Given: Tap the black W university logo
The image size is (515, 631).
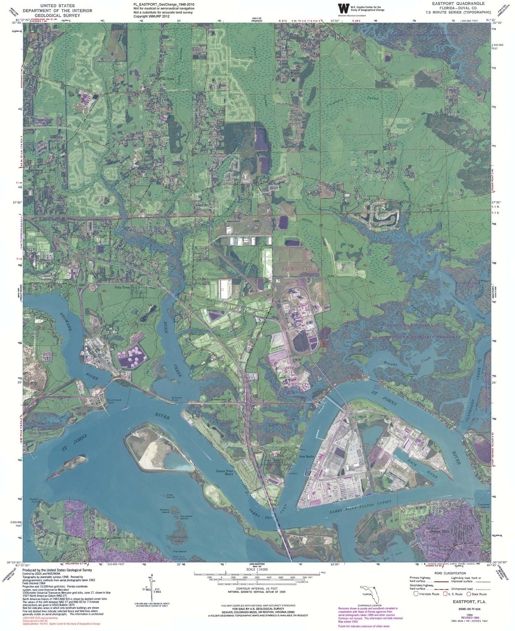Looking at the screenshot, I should (344, 9).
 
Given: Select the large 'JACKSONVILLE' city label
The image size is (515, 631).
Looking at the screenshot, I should (301, 268).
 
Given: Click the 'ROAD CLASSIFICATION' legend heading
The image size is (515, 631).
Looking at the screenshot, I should (450, 573).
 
